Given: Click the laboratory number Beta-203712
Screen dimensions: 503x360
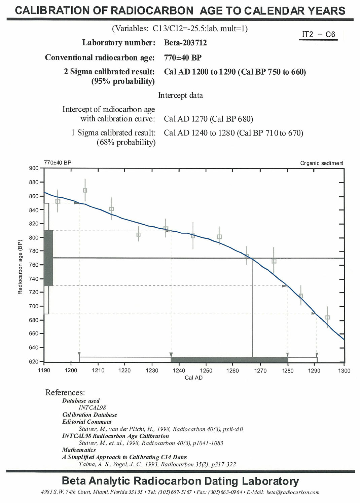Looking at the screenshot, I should click(x=185, y=43).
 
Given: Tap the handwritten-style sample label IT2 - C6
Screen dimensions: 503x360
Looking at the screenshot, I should click(x=318, y=34).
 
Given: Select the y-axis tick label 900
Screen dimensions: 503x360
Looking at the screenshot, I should click(x=34, y=168).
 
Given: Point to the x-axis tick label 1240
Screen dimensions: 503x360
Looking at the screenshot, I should click(x=179, y=371).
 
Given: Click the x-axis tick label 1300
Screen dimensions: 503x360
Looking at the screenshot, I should click(x=344, y=371).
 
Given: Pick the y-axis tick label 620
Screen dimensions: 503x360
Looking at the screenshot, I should click(x=34, y=361).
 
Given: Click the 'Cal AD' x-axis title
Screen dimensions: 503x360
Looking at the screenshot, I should click(x=193, y=378).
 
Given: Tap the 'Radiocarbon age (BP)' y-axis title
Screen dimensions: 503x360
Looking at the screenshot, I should click(x=20, y=267).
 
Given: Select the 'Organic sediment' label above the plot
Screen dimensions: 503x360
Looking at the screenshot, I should click(x=322, y=163).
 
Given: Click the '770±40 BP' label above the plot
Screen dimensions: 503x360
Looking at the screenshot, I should click(x=58, y=163).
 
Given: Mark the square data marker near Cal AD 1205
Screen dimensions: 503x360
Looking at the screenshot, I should click(x=85, y=190).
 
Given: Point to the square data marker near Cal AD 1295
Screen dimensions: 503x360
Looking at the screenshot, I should click(x=328, y=317).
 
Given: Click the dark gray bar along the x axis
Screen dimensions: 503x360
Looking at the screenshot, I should click(x=229, y=360).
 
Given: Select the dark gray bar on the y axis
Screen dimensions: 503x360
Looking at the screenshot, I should click(x=48, y=258).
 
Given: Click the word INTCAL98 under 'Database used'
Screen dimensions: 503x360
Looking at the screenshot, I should click(x=92, y=408).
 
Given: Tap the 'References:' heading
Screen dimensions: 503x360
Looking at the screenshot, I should click(x=65, y=392).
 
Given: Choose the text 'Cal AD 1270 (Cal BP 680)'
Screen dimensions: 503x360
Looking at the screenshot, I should click(x=208, y=119).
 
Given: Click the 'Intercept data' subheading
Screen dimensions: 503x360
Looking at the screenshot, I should click(x=180, y=95).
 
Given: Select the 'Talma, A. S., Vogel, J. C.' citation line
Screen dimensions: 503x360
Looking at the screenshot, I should click(x=157, y=464).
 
